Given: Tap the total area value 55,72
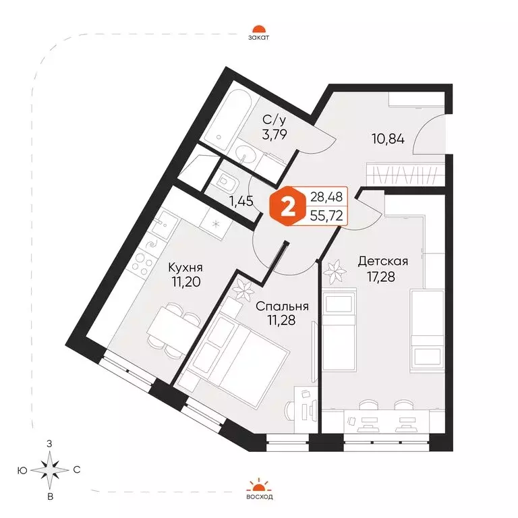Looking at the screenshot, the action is click(x=326, y=216).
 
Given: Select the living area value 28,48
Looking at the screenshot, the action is click(x=326, y=197).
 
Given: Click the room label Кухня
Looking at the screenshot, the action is click(x=185, y=267).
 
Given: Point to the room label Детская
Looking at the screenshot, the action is click(x=383, y=261).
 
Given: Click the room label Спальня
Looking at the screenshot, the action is click(x=282, y=306).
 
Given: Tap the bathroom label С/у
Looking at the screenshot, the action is click(x=275, y=121).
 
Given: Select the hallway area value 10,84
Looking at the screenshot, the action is click(x=388, y=140).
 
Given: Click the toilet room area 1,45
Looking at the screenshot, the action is click(x=242, y=201).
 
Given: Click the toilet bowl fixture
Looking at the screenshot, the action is click(x=227, y=182).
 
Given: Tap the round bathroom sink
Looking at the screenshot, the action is click(x=245, y=156).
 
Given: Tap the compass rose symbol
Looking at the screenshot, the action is click(x=50, y=469).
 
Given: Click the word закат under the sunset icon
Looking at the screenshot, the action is click(x=259, y=37).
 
